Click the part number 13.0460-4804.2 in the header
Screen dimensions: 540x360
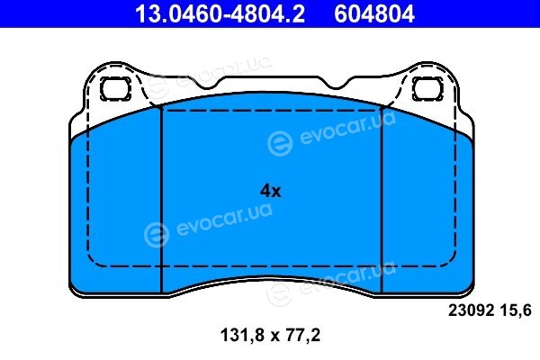click(x=220, y=13)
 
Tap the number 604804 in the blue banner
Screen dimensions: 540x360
click(x=374, y=13)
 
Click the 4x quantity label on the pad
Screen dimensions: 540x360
click(x=270, y=191)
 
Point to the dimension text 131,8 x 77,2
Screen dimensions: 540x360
click(x=270, y=335)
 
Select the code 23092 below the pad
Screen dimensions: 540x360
click(x=471, y=310)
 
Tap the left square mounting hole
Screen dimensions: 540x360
click(x=115, y=88)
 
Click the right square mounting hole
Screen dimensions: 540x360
click(x=428, y=88)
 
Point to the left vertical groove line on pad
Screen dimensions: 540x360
click(x=161, y=201)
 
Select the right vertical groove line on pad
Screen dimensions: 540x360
click(x=382, y=200)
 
